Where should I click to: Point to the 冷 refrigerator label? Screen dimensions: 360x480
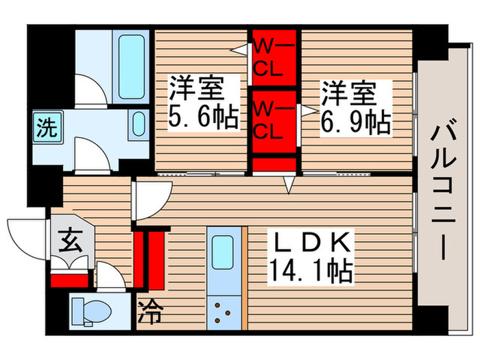pyautogui.click(x=151, y=313)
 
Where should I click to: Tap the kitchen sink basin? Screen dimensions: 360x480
pyautogui.click(x=222, y=252)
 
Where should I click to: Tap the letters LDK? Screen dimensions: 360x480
pyautogui.click(x=313, y=243)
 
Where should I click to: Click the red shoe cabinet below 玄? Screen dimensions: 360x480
pyautogui.click(x=70, y=278)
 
